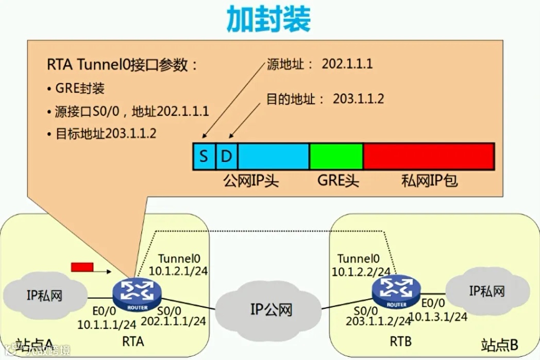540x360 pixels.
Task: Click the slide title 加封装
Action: point(269,20)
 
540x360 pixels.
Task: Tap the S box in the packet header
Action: point(204,156)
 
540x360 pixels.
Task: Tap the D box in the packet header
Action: point(226,156)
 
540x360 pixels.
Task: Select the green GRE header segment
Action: point(336,156)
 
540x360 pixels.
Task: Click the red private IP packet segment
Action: point(429,156)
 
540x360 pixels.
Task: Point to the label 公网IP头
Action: point(250,181)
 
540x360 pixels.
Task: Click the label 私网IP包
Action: point(429,181)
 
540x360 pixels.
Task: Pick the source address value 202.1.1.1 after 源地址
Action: point(347,64)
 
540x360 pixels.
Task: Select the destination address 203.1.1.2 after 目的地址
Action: point(359,98)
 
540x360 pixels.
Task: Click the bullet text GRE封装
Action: point(80,88)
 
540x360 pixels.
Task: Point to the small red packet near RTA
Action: point(82,267)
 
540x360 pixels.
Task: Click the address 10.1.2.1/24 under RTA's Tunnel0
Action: point(178,270)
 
